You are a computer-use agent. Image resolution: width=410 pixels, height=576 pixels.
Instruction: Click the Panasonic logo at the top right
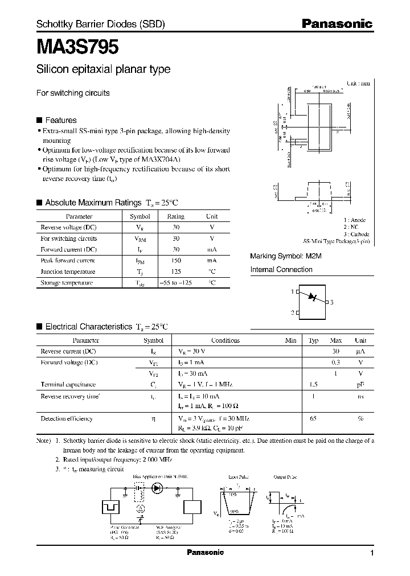coord(337,24)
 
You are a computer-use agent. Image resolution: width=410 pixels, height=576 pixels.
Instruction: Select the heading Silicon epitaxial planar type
coord(103,70)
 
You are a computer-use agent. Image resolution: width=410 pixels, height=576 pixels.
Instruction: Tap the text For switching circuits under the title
coord(73,93)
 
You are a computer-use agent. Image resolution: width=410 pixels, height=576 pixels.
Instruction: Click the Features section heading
coord(60,120)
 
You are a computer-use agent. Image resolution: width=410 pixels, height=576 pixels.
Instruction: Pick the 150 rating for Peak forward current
coord(176,261)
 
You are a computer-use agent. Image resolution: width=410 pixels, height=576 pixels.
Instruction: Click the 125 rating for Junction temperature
coord(176,271)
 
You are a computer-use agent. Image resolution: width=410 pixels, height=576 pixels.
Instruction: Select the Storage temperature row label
coord(67,283)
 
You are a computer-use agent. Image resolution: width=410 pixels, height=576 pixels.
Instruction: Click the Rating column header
coord(176,216)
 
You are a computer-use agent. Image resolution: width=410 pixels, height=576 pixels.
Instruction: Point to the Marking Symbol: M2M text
coord(286,256)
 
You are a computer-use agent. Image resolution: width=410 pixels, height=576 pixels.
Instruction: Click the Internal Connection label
coord(281,270)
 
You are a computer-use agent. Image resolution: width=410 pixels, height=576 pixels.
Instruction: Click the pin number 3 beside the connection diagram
coord(331,302)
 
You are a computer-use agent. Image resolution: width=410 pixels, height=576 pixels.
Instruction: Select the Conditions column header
coord(225,340)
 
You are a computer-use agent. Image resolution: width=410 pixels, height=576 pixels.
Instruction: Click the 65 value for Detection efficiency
coord(313,418)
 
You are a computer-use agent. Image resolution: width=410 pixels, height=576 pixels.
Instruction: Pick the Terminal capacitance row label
coord(68,385)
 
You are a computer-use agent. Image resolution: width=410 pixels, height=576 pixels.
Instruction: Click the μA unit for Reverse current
coord(360,352)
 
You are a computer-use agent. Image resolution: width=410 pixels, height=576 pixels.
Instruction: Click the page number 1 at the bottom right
coord(372,553)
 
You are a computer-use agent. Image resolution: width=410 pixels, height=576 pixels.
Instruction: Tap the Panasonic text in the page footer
coord(206,553)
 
